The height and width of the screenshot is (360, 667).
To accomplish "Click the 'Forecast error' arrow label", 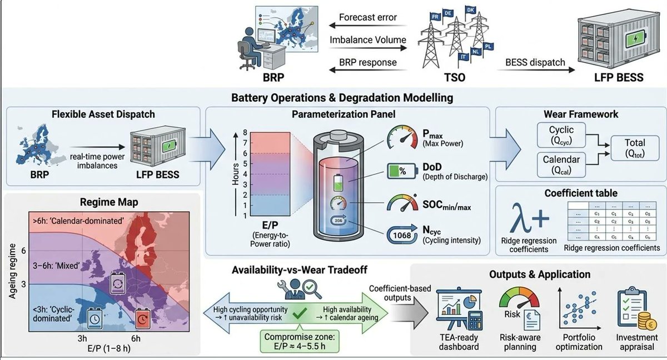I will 367,17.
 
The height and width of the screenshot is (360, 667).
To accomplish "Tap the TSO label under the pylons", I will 448,77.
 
